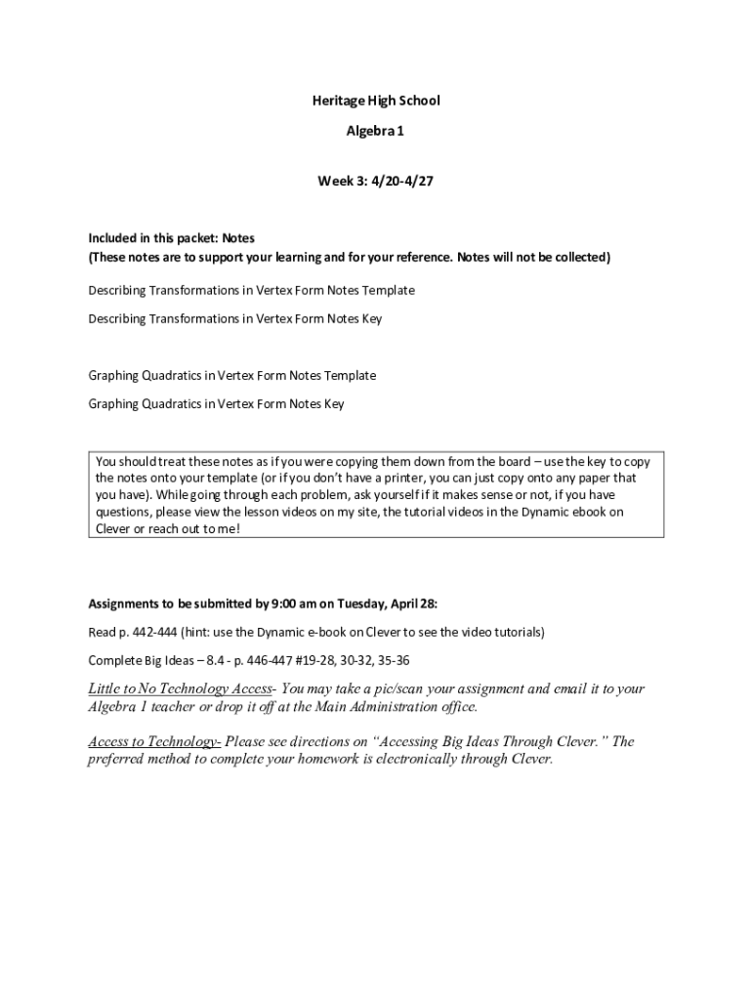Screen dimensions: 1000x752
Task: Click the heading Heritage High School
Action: click(x=376, y=101)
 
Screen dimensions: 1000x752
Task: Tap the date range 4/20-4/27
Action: click(x=397, y=181)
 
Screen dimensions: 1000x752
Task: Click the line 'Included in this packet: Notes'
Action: click(x=172, y=237)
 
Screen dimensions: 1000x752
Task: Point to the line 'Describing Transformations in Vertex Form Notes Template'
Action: click(x=251, y=290)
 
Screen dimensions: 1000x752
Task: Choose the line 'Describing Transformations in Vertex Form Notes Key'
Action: click(x=234, y=318)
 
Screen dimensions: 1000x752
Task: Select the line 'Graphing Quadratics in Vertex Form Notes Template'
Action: click(x=231, y=375)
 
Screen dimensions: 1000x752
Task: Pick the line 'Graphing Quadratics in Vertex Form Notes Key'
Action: click(x=216, y=403)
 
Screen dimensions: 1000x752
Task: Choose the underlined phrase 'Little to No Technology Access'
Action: click(x=180, y=689)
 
